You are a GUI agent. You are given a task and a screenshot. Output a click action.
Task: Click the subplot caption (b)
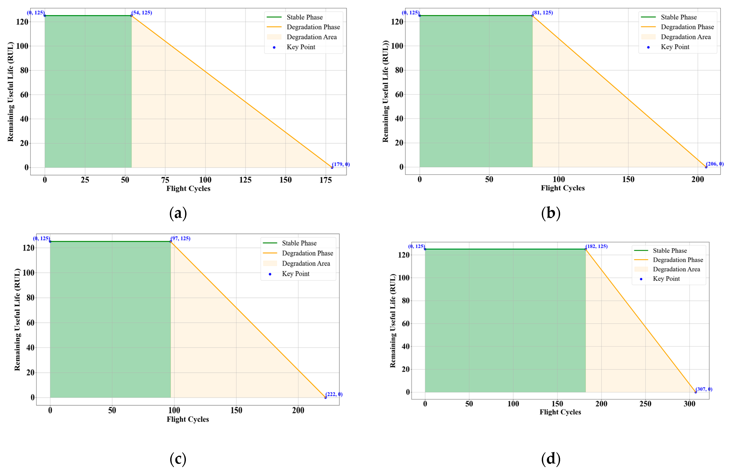551,213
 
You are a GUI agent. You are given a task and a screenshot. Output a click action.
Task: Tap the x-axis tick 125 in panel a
245,180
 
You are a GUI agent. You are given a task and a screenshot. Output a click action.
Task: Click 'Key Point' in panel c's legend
296,274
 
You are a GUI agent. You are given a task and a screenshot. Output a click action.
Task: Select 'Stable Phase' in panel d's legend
670,251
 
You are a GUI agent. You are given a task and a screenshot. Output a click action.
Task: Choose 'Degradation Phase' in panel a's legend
313,27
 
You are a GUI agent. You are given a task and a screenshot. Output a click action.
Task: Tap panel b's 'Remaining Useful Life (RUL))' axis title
385,92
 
